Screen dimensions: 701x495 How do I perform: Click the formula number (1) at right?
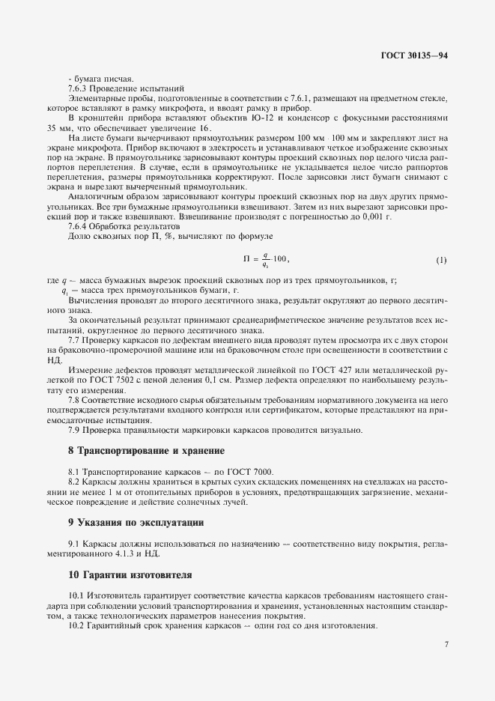tap(441, 260)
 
